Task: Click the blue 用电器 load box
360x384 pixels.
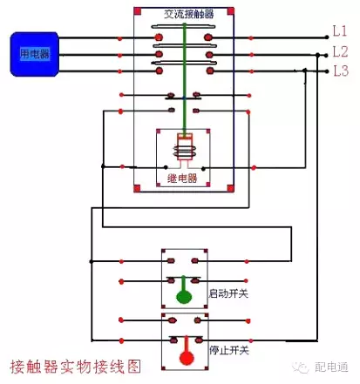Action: click(34, 54)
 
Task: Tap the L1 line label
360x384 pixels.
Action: click(341, 31)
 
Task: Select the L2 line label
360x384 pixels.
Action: click(341, 51)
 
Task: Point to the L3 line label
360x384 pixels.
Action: click(341, 71)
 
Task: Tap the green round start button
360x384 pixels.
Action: click(184, 297)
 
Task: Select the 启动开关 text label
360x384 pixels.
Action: click(228, 293)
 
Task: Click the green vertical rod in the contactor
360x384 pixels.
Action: click(184, 78)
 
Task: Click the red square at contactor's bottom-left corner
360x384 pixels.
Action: click(138, 188)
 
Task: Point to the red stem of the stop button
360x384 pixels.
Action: click(184, 342)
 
